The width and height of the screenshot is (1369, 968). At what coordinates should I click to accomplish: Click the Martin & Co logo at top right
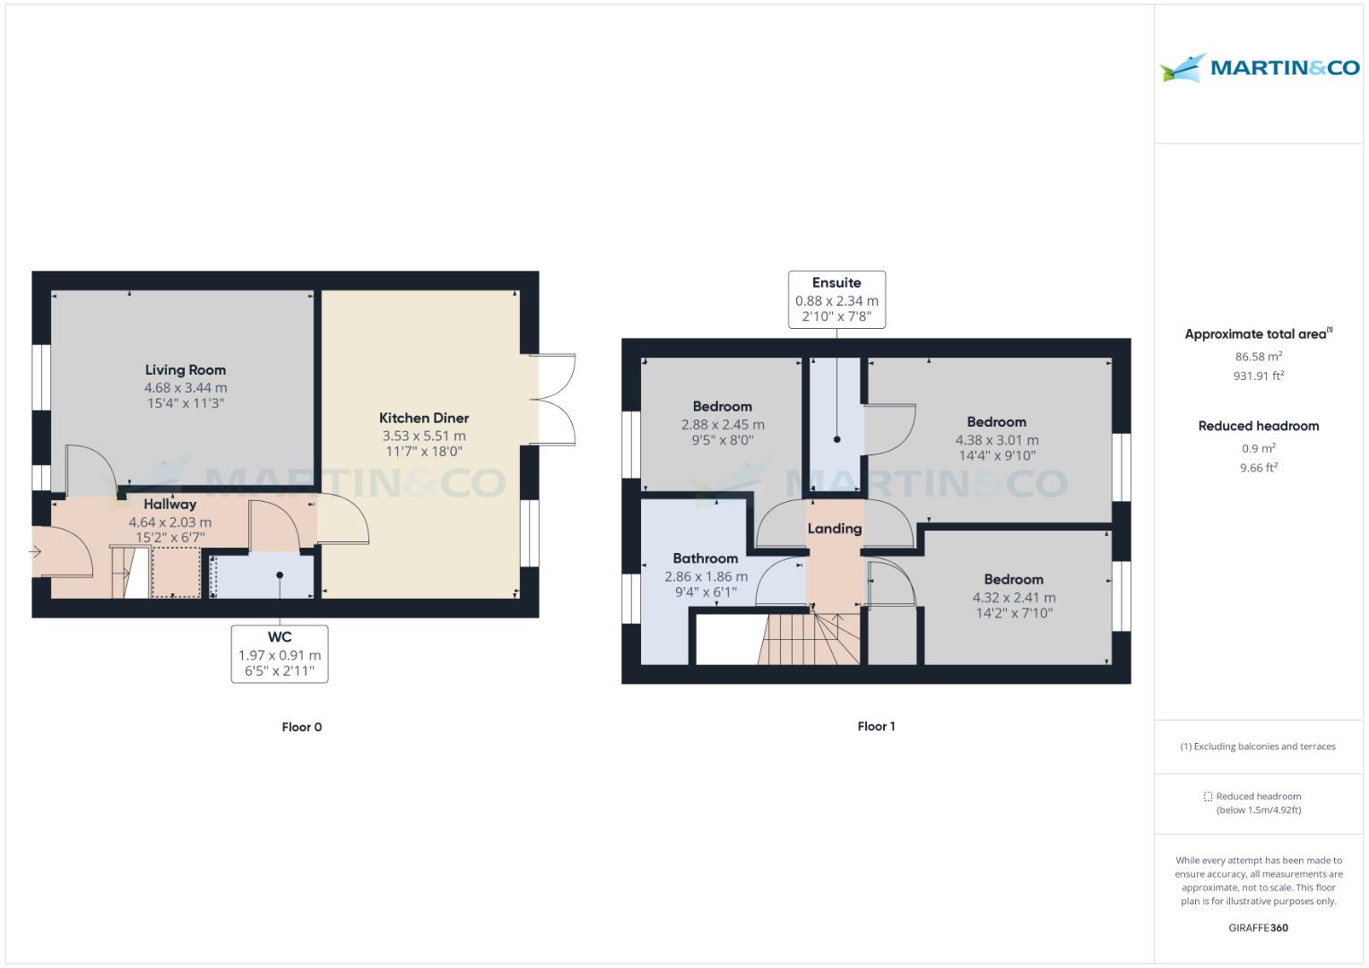[1259, 68]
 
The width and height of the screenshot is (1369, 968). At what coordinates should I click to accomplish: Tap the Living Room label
[186, 369]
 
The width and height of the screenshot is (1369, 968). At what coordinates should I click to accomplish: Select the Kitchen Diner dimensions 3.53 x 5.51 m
[424, 436]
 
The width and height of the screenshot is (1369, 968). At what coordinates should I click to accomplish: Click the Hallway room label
[169, 505]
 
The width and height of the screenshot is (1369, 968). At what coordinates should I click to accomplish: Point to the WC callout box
[280, 653]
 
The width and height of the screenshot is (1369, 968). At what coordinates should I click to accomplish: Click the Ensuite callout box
[836, 299]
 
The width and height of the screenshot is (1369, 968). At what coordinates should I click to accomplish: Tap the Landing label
[834, 529]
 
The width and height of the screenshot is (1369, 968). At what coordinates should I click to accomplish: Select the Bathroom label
[706, 558]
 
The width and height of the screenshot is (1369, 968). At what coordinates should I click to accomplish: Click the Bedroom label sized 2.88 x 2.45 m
[722, 406]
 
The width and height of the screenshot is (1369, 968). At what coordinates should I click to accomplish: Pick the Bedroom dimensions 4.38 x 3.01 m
[997, 440]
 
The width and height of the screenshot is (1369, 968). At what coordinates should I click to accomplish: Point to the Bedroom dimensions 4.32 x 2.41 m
[1014, 598]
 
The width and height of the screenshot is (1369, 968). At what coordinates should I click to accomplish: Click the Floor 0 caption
[301, 727]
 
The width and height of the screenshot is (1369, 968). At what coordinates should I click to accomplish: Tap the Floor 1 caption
[876, 726]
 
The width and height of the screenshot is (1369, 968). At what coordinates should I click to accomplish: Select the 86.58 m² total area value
[1258, 356]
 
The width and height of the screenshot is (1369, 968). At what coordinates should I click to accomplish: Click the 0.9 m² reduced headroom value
[1258, 448]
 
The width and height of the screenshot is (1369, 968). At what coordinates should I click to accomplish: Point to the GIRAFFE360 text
[1258, 928]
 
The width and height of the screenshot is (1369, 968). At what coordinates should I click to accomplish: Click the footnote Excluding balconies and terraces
[1258, 746]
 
